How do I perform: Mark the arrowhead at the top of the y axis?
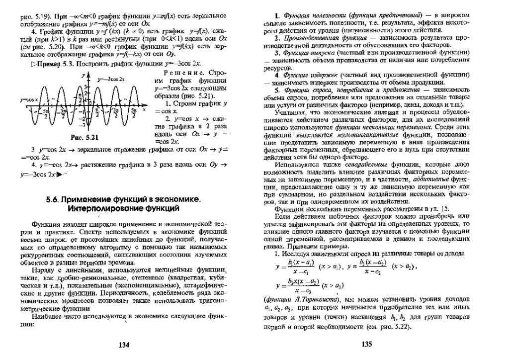click(x=88, y=74)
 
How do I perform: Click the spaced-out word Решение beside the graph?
click(x=171, y=73)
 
